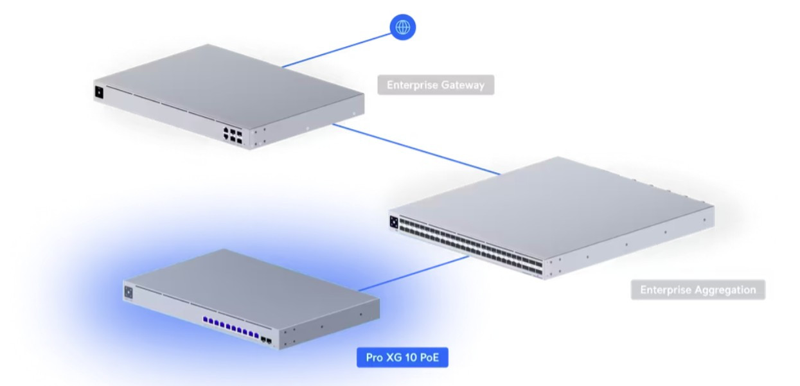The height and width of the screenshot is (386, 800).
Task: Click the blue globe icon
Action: [403, 27]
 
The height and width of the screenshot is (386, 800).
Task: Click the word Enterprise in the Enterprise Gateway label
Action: [411, 85]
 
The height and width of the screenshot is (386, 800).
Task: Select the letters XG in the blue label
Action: [394, 358]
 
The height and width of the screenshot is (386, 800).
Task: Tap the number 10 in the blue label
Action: [411, 358]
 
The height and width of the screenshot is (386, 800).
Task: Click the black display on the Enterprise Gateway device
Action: [100, 92]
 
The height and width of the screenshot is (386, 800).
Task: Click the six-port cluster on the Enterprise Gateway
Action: [233, 134]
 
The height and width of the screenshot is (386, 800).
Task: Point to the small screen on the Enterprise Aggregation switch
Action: [393, 223]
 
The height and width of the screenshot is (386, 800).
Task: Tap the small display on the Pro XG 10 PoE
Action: [129, 292]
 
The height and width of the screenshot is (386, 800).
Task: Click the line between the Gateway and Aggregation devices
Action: [418, 149]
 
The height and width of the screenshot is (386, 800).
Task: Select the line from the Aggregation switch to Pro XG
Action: [411, 273]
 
